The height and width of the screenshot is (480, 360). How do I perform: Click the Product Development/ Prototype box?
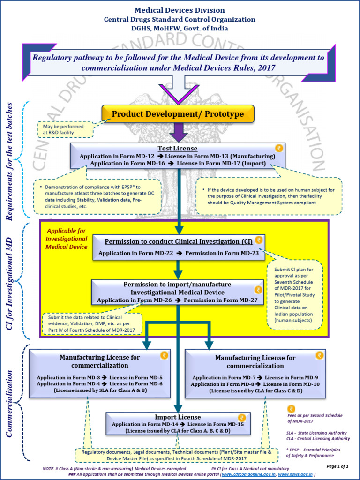click(x=178, y=114)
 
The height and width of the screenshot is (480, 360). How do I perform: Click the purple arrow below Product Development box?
click(x=178, y=133)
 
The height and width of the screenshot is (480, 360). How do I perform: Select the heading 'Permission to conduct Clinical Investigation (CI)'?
click(x=179, y=241)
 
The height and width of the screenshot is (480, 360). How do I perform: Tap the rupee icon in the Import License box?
click(x=241, y=417)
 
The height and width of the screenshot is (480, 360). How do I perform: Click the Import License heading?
click(x=178, y=417)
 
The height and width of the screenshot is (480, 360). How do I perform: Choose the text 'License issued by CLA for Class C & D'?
click(x=255, y=390)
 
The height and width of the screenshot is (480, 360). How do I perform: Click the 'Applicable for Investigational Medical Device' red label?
click(x=67, y=239)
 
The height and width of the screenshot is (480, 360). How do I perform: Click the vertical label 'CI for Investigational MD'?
click(x=9, y=277)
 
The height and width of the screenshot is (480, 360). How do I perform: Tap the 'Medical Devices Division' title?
click(x=180, y=10)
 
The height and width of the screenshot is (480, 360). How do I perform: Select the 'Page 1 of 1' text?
click(x=337, y=466)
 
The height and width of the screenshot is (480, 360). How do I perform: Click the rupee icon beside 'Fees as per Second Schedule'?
click(x=292, y=408)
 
